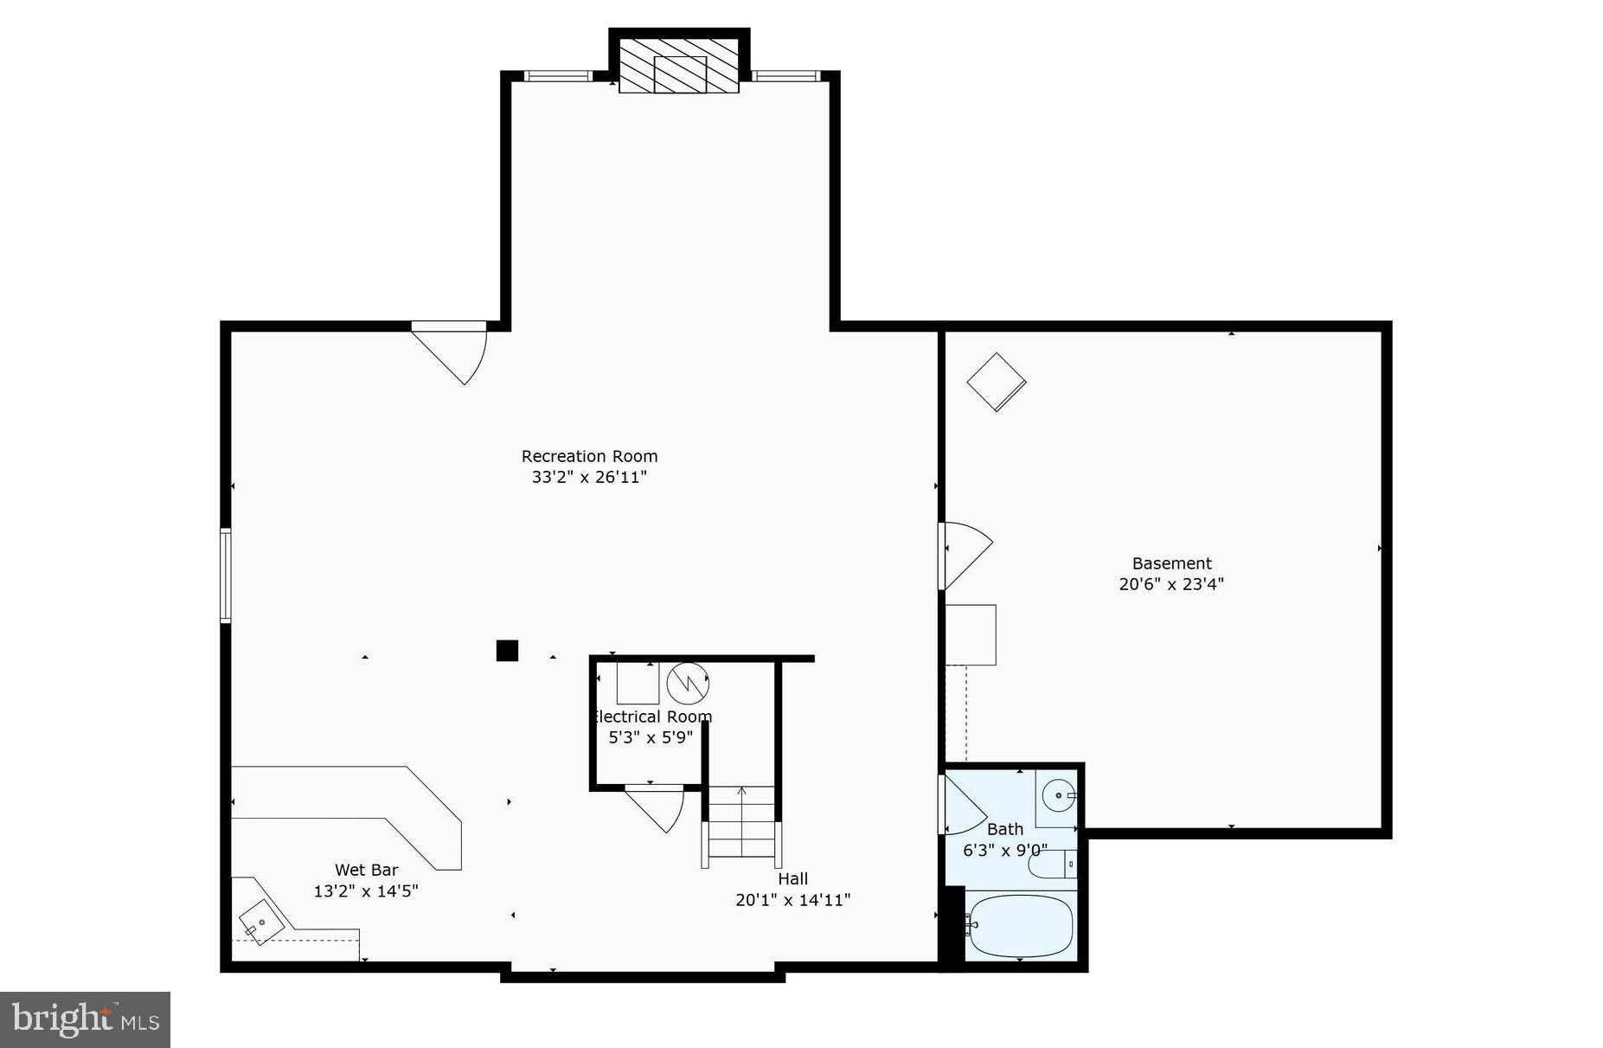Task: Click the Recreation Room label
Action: point(589,456)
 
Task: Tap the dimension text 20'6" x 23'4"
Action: point(1171,584)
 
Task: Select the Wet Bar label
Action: point(366,870)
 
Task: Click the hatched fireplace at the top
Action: point(679,64)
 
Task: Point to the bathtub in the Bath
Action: point(1021,926)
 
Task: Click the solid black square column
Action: point(507,651)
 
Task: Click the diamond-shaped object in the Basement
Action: point(997,382)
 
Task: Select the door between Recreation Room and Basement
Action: point(965,554)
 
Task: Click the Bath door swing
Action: point(962,805)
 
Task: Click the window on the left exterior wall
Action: point(226,575)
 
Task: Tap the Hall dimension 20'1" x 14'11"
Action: point(792,900)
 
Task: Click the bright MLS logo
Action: point(85,1019)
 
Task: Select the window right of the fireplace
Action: point(785,76)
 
